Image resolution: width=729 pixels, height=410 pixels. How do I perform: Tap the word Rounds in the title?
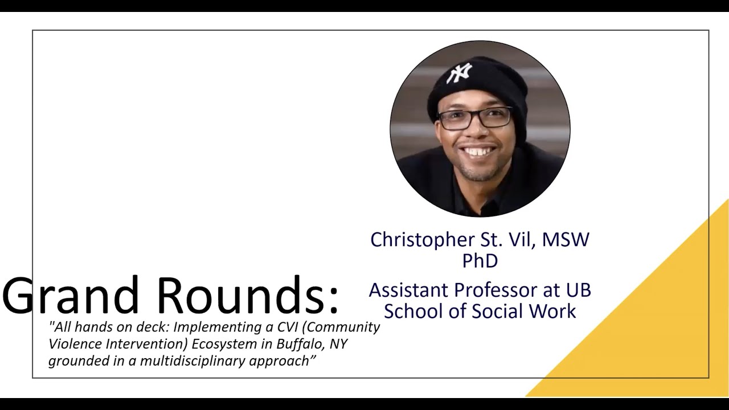240,296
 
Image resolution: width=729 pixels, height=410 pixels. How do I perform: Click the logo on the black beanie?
459,72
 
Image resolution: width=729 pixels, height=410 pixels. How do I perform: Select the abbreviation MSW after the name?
566,239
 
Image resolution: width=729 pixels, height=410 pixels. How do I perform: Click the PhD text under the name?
480,261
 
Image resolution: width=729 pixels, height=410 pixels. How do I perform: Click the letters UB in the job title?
578,290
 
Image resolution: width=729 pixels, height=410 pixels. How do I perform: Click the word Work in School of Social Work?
556,311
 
